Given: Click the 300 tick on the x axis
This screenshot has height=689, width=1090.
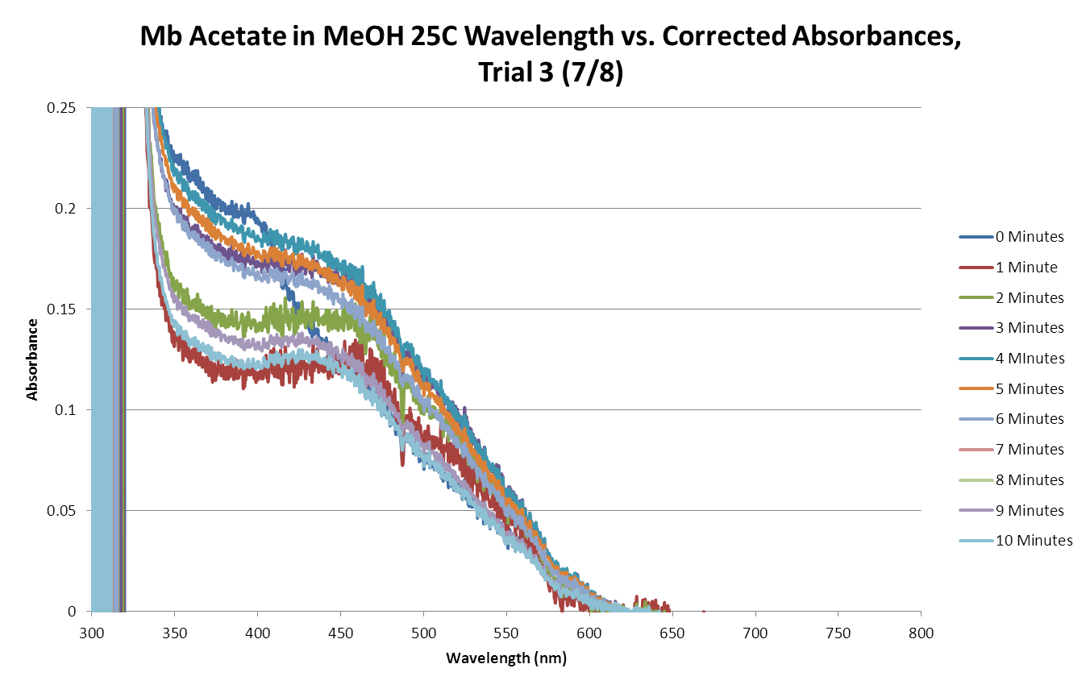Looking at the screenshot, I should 91,633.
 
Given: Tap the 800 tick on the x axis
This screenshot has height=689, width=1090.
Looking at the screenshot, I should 922,633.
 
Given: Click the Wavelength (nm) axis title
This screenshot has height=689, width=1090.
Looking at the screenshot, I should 506,659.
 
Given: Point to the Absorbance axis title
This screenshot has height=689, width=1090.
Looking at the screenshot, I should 32,359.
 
